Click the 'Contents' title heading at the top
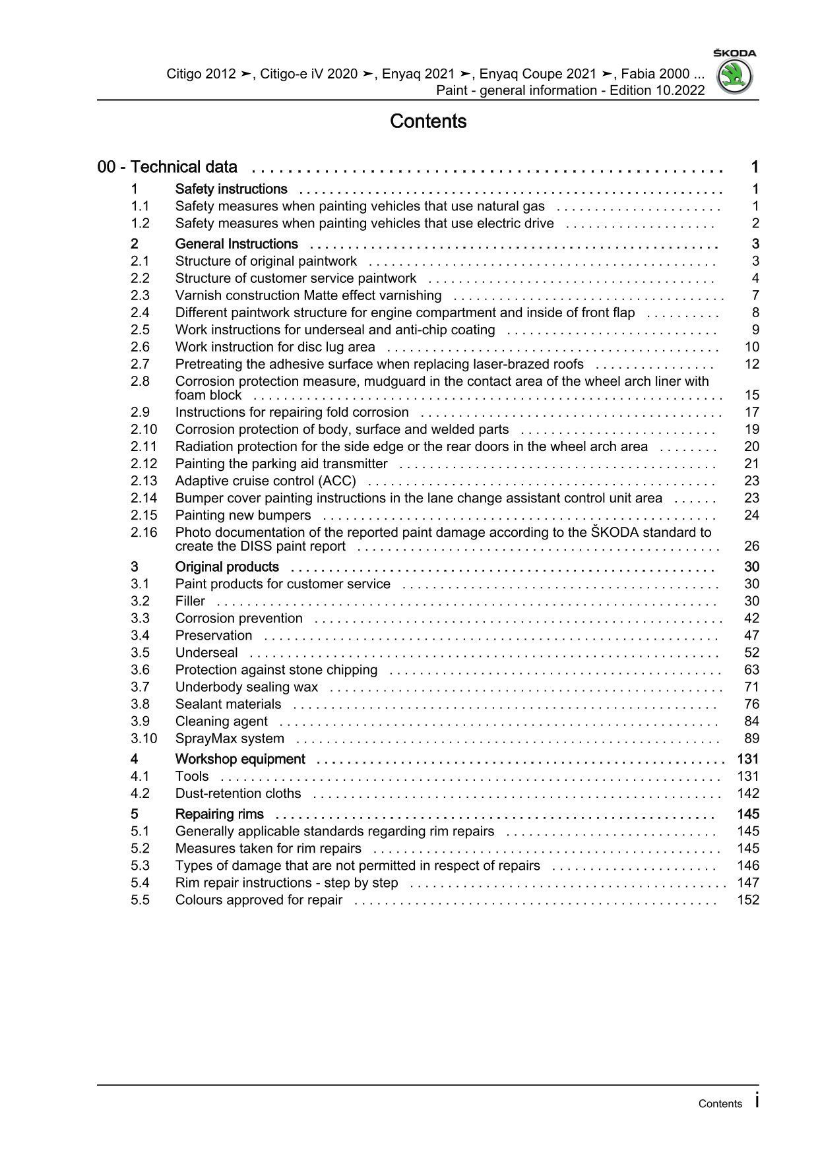[x=428, y=121]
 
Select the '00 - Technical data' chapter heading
[x=168, y=167]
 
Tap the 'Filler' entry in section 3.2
[x=190, y=601]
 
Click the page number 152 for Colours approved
[x=748, y=900]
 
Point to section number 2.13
[x=144, y=481]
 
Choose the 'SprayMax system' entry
[x=230, y=739]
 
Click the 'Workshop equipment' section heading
[x=240, y=759]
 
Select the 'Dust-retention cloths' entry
[x=238, y=793]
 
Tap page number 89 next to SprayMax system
[x=751, y=739]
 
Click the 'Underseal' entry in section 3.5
[x=206, y=652]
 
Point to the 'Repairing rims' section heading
[x=219, y=814]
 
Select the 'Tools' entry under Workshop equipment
[x=192, y=776]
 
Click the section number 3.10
[x=144, y=739]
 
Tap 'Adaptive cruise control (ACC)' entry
[x=265, y=481]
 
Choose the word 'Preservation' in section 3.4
[x=214, y=635]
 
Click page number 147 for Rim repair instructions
[x=748, y=883]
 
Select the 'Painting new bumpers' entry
[x=243, y=515]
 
